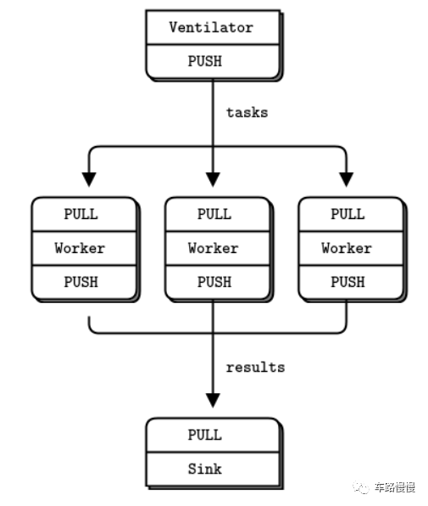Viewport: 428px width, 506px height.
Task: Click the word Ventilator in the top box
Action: tap(211, 27)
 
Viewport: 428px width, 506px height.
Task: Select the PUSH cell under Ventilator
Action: tap(211, 61)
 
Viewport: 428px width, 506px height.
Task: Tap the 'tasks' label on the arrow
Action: tap(247, 112)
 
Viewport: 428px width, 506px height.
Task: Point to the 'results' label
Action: tap(255, 368)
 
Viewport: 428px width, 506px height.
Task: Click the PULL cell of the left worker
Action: tap(81, 214)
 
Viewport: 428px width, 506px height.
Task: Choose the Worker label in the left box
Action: tap(81, 248)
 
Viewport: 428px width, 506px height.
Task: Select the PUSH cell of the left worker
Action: tap(81, 282)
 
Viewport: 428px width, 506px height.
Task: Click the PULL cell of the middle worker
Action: tap(214, 214)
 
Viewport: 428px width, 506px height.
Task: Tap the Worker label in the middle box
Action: tap(214, 248)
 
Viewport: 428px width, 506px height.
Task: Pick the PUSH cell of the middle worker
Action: tap(214, 282)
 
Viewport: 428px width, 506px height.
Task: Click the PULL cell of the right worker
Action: tap(347, 214)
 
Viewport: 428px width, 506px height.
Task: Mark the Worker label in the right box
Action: tap(347, 248)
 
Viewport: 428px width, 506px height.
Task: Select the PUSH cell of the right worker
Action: tap(347, 282)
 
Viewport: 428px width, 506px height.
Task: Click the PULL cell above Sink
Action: tap(205, 435)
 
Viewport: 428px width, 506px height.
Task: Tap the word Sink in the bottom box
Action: tap(205, 469)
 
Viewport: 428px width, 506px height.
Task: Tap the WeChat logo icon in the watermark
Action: tap(361, 487)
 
